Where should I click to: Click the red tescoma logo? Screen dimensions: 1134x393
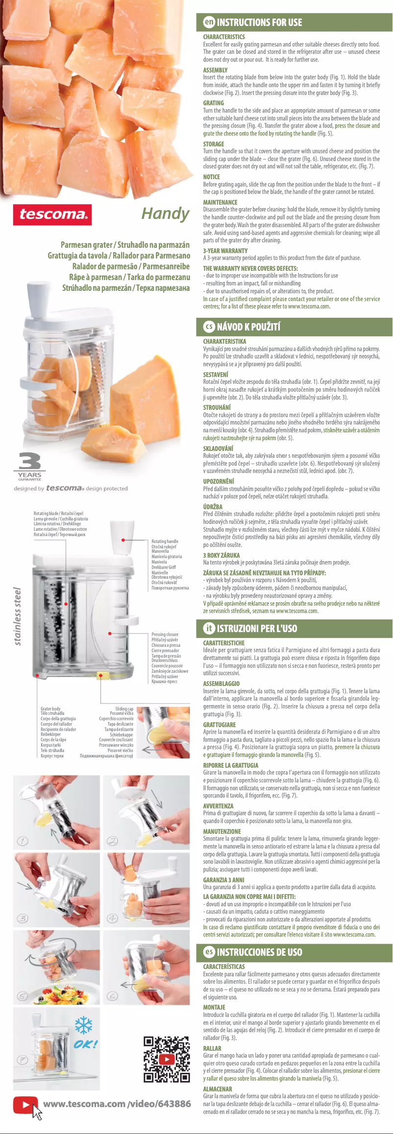(x=52, y=214)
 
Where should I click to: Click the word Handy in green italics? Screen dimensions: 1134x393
(x=165, y=213)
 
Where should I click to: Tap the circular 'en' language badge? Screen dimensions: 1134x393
(x=209, y=22)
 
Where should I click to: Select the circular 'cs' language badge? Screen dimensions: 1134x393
(x=209, y=326)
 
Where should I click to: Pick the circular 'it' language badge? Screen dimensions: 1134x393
(x=209, y=628)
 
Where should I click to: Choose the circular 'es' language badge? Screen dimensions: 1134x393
(x=209, y=951)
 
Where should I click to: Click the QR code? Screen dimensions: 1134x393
(x=167, y=1059)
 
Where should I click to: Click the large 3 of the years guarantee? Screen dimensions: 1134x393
(x=30, y=461)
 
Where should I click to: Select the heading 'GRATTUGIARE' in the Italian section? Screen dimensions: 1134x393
(x=219, y=724)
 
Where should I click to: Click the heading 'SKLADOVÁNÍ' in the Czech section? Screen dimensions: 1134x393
(x=218, y=448)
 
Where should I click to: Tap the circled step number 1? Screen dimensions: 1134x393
(x=23, y=841)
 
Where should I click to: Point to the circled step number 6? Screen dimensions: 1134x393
(x=113, y=996)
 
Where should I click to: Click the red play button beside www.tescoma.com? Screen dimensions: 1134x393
(x=23, y=1105)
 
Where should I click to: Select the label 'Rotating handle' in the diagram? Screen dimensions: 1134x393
(x=165, y=541)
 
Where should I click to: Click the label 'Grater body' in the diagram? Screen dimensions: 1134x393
(x=50, y=709)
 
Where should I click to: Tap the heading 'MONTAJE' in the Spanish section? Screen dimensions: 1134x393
(x=214, y=1007)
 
